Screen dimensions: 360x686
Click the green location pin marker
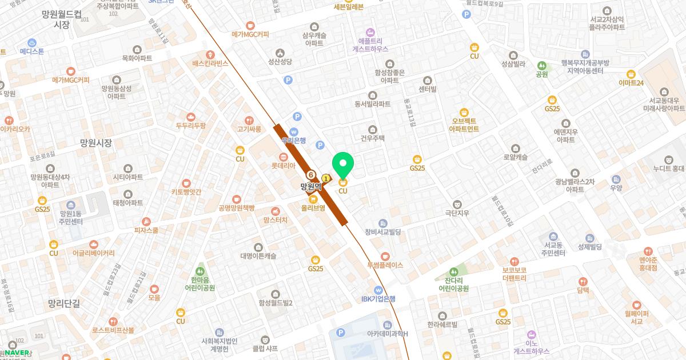tap(343, 164)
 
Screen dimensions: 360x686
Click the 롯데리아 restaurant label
tap(283, 165)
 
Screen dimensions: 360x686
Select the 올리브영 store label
tap(313, 207)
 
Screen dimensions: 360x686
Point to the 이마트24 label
tap(631, 83)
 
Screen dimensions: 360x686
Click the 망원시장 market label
tap(96, 143)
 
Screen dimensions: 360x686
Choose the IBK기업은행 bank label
tap(378, 298)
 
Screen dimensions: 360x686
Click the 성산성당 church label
tap(280, 61)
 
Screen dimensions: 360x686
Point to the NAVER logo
tap(17, 353)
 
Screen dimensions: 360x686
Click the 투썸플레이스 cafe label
tap(385, 265)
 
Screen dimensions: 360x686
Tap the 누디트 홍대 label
tap(668, 168)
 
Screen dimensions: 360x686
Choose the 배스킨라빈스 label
tap(210, 63)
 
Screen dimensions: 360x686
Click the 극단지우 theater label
tap(457, 213)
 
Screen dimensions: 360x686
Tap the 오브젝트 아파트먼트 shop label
tap(464, 125)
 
